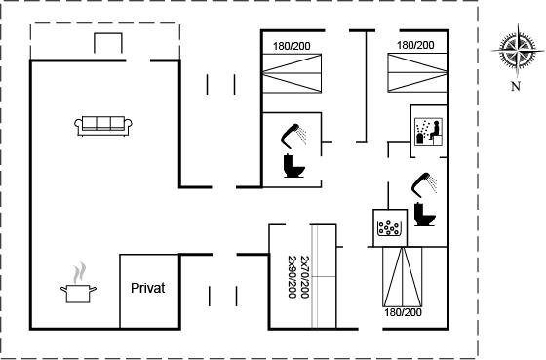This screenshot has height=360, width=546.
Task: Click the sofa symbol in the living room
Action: [103, 126]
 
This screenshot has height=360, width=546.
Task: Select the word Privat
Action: [148, 288]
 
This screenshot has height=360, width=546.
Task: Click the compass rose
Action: [518, 51]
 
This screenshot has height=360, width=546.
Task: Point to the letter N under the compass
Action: [516, 86]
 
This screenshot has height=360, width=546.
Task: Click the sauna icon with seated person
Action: [429, 132]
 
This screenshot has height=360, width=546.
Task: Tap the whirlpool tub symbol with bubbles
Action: [390, 228]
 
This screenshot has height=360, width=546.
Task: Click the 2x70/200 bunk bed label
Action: [304, 277]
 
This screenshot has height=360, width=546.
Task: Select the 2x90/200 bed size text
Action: [292, 277]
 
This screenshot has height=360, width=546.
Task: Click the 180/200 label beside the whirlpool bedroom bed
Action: [403, 312]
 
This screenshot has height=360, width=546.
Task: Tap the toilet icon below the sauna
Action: [425, 214]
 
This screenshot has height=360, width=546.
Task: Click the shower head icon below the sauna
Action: [424, 184]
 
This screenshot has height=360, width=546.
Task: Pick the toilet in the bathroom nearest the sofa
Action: [294, 166]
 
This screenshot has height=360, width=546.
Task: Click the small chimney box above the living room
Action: [108, 43]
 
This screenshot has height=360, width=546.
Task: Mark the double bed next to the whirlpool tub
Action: [403, 277]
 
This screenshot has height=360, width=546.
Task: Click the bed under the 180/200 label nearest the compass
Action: [417, 72]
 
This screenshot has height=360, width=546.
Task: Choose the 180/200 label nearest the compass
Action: [415, 45]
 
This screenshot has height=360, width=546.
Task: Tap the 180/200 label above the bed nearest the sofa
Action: [292, 46]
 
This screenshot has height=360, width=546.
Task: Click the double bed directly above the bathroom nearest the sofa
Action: [292, 73]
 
